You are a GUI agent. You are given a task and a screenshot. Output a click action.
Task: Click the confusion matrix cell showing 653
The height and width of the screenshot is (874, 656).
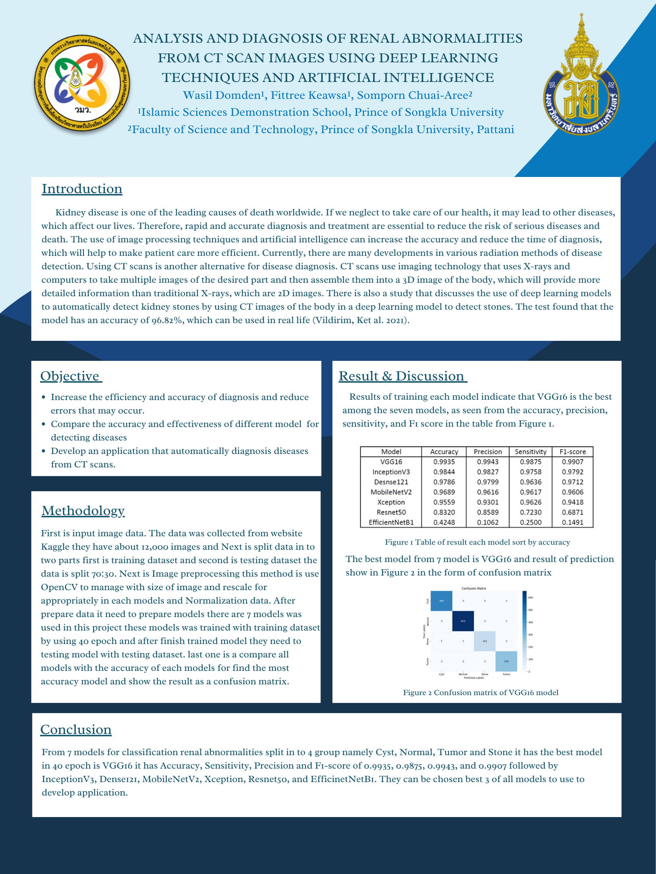(463, 621)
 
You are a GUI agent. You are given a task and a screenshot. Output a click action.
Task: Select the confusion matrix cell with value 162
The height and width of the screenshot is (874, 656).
(484, 641)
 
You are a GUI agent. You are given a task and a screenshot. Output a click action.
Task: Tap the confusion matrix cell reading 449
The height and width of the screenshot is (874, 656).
(441, 601)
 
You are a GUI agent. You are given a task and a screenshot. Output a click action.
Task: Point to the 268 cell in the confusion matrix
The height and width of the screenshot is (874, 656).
(506, 661)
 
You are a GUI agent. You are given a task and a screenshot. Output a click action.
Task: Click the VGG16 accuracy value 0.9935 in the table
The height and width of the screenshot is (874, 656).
(444, 462)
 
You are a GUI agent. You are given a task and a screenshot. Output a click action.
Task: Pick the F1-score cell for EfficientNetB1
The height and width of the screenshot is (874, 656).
(573, 522)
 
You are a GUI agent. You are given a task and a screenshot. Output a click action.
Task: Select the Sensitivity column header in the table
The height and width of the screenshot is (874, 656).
(530, 452)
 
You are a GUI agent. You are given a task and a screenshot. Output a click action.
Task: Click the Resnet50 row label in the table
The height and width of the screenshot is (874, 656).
(391, 512)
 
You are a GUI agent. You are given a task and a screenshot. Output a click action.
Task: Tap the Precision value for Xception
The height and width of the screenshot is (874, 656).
(487, 502)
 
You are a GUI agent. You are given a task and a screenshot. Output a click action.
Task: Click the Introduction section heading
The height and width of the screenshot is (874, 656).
(82, 189)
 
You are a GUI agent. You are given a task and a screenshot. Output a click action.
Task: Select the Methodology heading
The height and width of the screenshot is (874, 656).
(83, 511)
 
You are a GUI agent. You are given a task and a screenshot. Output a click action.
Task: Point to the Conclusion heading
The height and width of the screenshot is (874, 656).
(76, 730)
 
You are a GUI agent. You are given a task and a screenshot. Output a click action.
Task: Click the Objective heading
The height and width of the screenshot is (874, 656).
(70, 376)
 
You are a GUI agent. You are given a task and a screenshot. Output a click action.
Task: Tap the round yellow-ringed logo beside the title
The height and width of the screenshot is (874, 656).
(82, 83)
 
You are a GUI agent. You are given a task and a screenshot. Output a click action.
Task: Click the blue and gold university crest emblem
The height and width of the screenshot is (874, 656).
(581, 79)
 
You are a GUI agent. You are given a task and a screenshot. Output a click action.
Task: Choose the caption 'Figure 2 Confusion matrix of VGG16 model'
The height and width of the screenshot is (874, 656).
(481, 693)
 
